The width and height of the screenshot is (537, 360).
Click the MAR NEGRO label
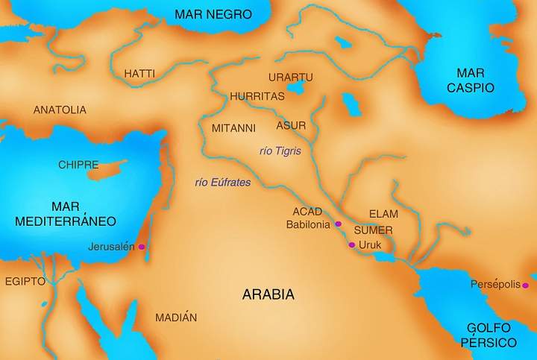213,14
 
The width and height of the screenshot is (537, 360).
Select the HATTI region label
139,74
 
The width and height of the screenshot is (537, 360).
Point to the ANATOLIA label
60,110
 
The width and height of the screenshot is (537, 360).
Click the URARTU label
290,78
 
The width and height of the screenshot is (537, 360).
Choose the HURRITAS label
257,96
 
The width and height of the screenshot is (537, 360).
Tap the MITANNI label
233,127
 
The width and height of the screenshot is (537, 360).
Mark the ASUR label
291,125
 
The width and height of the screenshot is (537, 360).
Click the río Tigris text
280,151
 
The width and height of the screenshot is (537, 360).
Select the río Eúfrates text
222,182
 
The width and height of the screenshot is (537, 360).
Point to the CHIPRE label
78,164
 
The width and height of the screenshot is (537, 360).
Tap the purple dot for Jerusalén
142,247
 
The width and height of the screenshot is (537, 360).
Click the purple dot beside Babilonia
338,224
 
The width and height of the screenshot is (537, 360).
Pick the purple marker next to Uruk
351,244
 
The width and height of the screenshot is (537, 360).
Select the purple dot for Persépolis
526,285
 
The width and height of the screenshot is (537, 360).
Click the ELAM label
383,214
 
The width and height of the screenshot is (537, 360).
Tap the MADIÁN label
176,318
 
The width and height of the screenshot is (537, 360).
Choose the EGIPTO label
25,282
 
